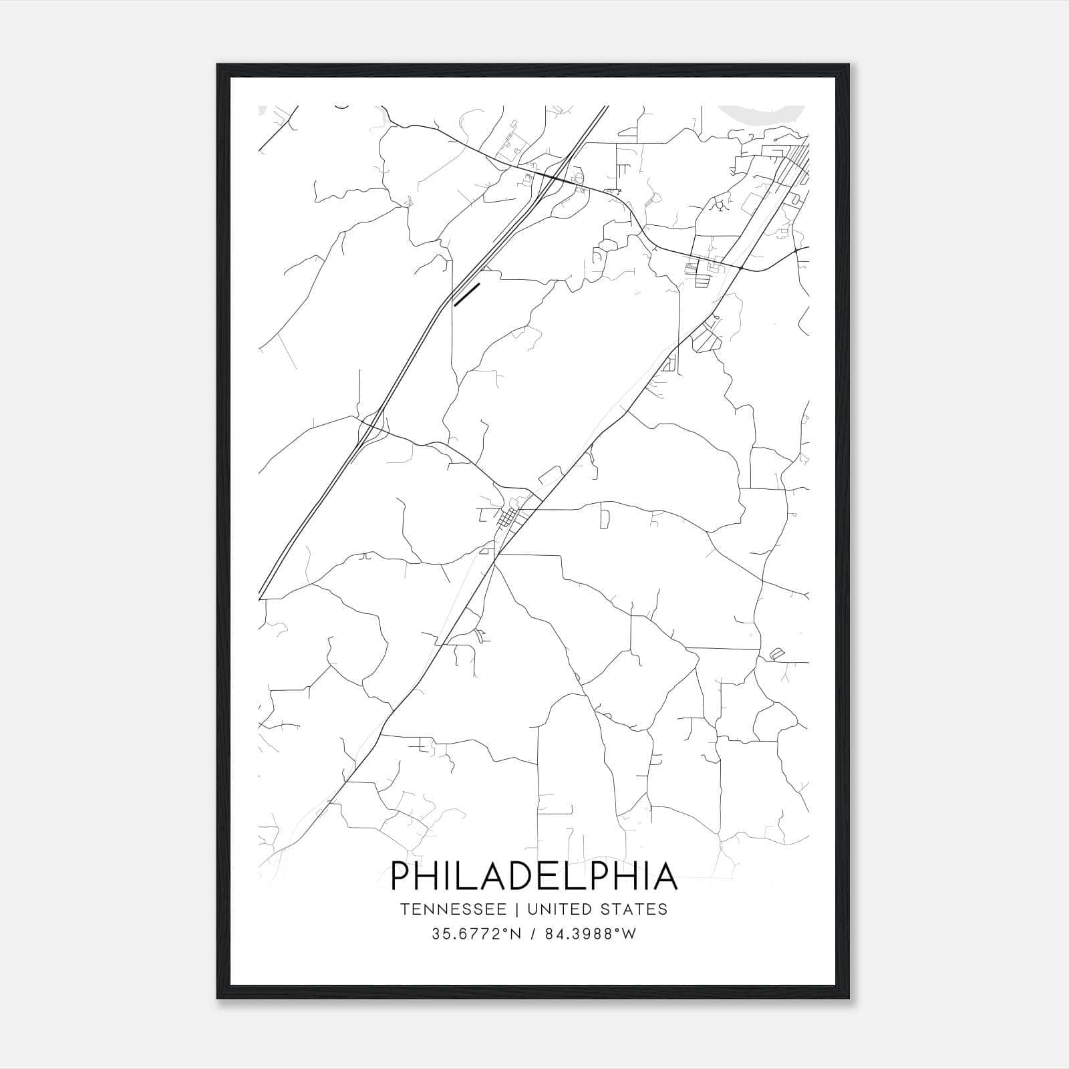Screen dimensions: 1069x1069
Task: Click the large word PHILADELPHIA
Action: tap(534, 876)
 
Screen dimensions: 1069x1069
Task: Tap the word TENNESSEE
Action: tap(453, 909)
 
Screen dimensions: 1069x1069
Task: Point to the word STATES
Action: tap(632, 909)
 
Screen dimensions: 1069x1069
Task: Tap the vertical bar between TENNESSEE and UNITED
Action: tap(516, 909)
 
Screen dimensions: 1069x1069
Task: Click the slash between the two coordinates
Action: tap(532, 934)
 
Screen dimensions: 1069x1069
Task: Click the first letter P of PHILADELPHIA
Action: tap(400, 876)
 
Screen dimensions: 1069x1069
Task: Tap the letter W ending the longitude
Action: tap(629, 934)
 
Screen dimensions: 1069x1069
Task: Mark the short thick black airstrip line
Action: tap(467, 295)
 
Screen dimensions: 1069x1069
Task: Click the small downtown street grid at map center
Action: tap(510, 517)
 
